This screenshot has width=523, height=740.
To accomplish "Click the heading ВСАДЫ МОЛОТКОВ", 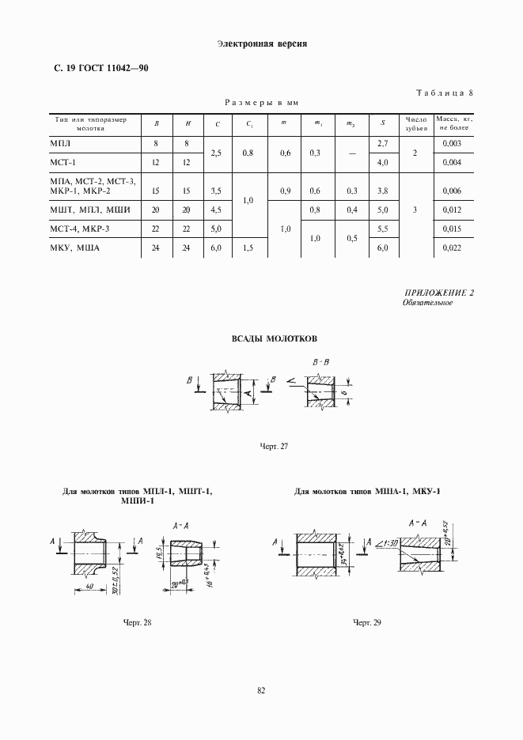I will [274, 338].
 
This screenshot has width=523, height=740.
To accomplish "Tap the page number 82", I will [261, 690].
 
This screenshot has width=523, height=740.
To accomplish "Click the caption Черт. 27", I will [274, 447].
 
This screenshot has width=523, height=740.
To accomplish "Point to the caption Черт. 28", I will [137, 623].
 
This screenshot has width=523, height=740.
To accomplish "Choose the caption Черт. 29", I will [367, 623].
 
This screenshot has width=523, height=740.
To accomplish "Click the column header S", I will [383, 123].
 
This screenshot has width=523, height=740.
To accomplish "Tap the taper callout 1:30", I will [389, 543].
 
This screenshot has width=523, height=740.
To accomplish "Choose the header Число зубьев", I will [416, 123].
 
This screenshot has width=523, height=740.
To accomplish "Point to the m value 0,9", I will [285, 191].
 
